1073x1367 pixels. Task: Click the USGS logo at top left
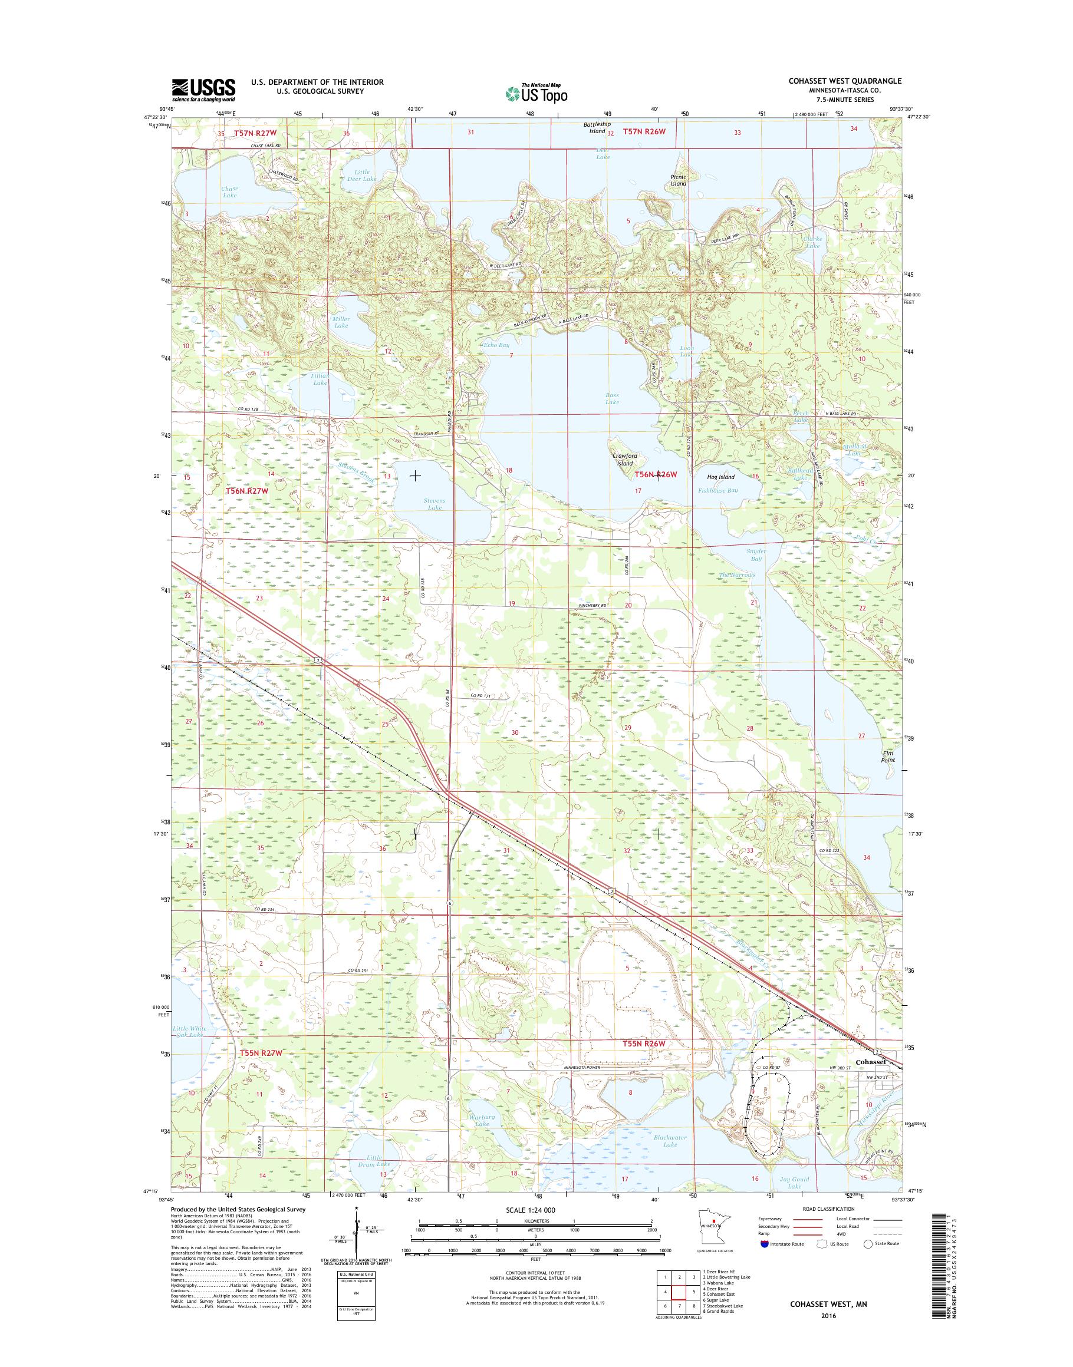[x=203, y=90]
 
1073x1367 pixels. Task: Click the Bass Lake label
[x=612, y=399]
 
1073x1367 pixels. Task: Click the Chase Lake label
[x=229, y=191]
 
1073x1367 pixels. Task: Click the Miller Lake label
[x=341, y=322]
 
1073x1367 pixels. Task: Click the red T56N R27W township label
[x=247, y=490]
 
